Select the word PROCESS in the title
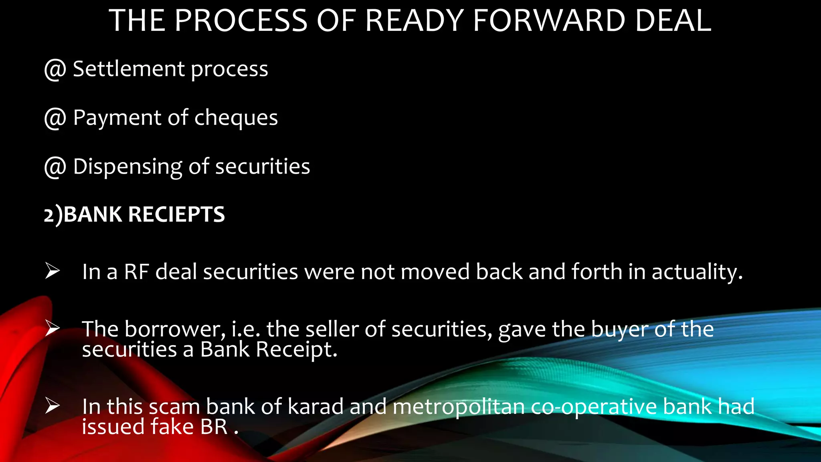241,21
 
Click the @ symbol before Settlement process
55,69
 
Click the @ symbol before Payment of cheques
55,118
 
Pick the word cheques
236,118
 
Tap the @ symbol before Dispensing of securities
55,167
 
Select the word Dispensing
127,167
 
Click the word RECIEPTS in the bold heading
176,215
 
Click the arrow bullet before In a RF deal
53,271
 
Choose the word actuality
697,272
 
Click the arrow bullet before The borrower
53,328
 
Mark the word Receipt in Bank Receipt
296,350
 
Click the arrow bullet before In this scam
53,405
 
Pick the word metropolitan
459,407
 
